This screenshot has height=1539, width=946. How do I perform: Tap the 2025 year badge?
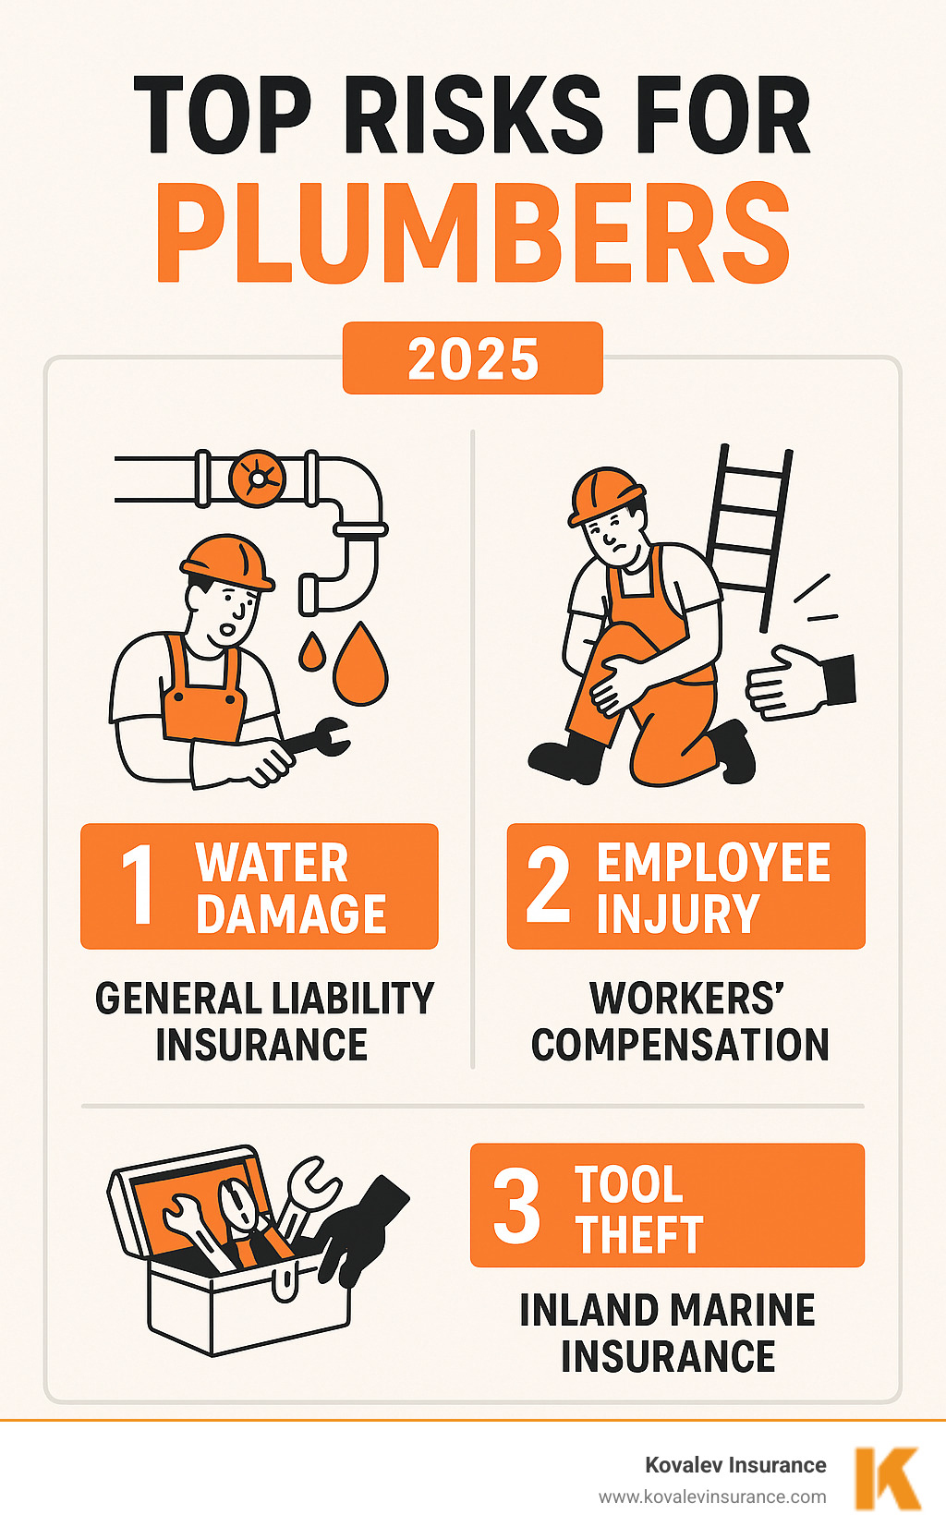tap(473, 358)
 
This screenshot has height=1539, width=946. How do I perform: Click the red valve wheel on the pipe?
tap(257, 478)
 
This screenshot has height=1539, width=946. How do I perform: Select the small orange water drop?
tap(311, 652)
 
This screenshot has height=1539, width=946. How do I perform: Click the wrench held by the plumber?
tap(319, 739)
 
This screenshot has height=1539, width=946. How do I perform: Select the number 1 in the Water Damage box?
tap(139, 885)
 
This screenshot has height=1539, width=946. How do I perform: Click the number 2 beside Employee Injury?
tap(548, 885)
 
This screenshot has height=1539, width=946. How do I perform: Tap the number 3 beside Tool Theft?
tap(516, 1205)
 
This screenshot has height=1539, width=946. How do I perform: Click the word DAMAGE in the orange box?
tap(291, 914)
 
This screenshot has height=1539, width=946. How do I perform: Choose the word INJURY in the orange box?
tap(677, 914)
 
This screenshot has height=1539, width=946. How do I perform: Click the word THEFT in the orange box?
tap(639, 1234)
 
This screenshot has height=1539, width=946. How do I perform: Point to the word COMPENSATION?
tap(680, 1045)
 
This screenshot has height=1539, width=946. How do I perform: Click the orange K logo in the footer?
tap(887, 1478)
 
